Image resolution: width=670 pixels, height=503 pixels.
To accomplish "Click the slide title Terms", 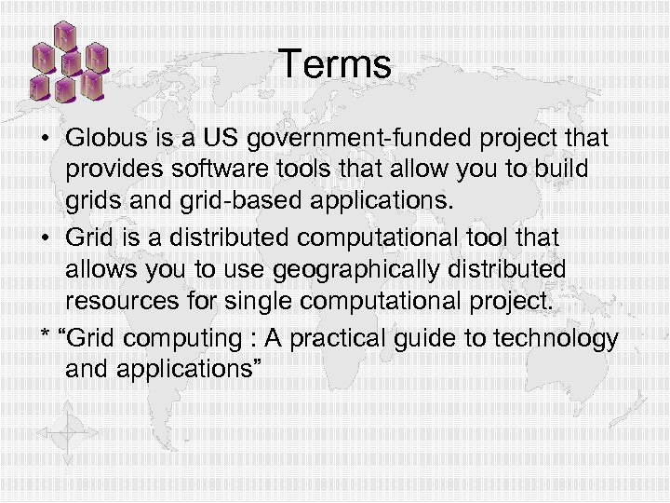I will pyautogui.click(x=335, y=64).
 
